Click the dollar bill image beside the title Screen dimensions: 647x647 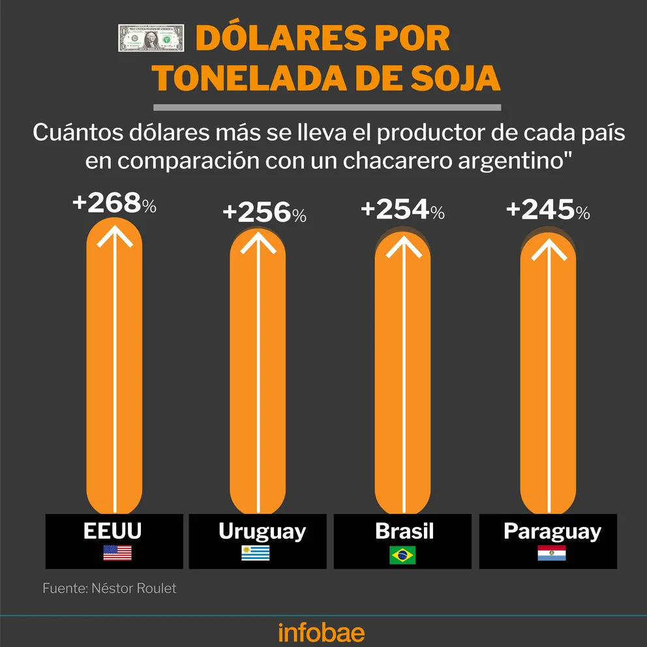click(x=151, y=38)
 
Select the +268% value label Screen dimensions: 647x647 click(x=115, y=204)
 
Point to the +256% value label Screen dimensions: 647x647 click(x=264, y=213)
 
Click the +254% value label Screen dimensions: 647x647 click(x=402, y=209)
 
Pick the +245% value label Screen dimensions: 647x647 click(x=548, y=210)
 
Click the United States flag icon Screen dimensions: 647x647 click(x=117, y=553)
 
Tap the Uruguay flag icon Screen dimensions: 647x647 click(x=256, y=553)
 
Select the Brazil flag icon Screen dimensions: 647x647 click(x=402, y=554)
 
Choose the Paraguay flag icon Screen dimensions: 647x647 click(x=551, y=553)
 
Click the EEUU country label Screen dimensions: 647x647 click(x=113, y=532)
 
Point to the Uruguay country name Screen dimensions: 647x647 click(x=262, y=532)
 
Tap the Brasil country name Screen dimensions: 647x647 click(x=404, y=531)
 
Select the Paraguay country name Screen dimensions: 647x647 click(x=552, y=532)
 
